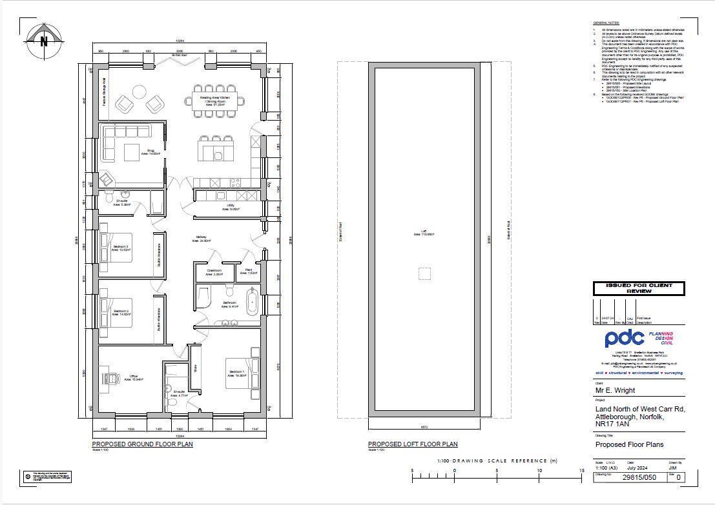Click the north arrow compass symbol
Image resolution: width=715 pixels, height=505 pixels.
(45, 40)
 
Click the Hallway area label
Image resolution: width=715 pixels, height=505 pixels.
(201, 239)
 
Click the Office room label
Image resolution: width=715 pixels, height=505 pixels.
(134, 377)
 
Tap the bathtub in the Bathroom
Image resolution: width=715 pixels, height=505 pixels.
(252, 302)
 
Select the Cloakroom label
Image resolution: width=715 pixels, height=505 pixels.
(214, 272)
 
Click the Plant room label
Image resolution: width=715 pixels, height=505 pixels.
(249, 272)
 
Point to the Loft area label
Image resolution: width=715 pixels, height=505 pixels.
(424, 233)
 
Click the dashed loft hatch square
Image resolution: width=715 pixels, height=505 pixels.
(424, 273)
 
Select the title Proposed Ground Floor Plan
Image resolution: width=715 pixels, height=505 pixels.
(142, 444)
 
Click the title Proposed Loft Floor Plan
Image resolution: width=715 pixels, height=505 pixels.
(413, 444)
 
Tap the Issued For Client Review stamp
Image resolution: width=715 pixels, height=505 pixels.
(639, 288)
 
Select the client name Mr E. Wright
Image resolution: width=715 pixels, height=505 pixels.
(615, 390)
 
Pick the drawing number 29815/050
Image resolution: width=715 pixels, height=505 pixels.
(638, 478)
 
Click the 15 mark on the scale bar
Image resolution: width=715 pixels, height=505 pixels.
(581, 471)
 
